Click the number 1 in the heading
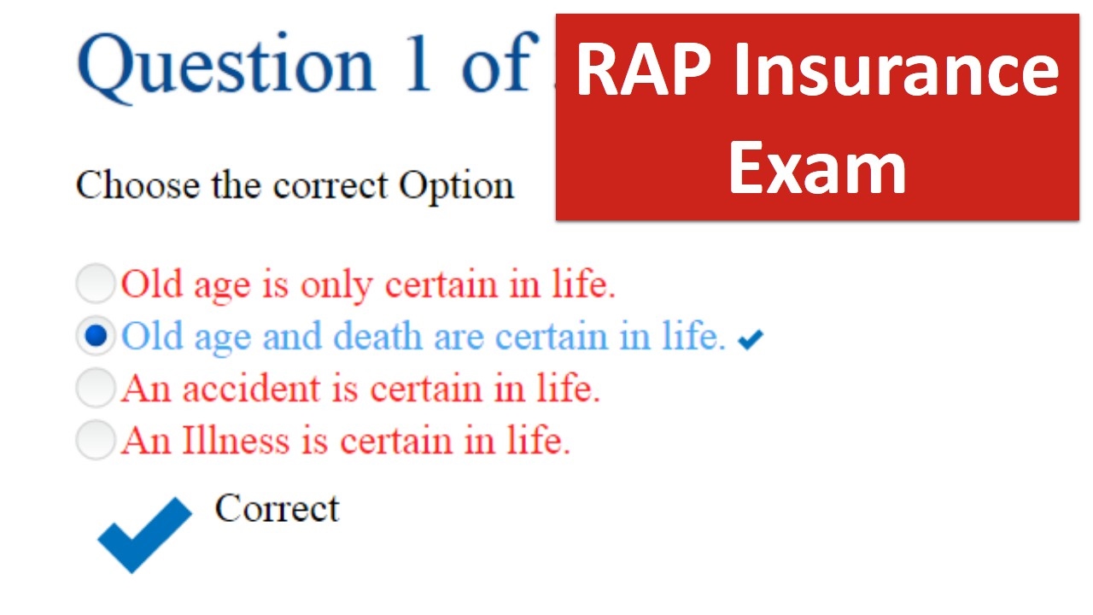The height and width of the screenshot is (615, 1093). coord(418,63)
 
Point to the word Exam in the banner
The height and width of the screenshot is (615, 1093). coord(817,168)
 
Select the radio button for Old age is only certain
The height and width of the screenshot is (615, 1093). coord(96,284)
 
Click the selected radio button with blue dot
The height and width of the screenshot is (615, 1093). coord(96,336)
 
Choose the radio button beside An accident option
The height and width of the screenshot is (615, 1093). coord(96,388)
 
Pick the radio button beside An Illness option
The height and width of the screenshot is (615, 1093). coord(96,440)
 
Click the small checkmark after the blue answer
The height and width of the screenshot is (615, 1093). coord(751,340)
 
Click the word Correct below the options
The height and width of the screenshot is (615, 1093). coord(278,508)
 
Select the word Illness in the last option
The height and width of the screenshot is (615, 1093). coord(236,441)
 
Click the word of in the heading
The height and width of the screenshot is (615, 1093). coord(494,63)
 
